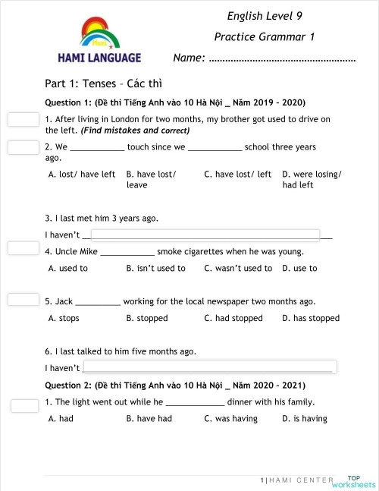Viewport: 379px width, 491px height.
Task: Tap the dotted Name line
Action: [x=281, y=58]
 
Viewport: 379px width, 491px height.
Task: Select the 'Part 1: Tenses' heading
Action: [x=104, y=83]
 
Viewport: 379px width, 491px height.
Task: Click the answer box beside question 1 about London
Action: [x=23, y=120]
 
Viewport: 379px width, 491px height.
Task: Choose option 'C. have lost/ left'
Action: [x=237, y=175]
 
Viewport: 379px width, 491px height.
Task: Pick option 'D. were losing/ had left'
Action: [x=312, y=179]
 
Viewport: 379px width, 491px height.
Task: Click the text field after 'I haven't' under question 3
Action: [x=205, y=234]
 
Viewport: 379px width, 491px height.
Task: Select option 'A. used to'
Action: [x=68, y=268]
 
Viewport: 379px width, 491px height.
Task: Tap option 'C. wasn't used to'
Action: [x=238, y=268]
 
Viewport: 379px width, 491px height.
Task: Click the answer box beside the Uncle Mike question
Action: [x=23, y=248]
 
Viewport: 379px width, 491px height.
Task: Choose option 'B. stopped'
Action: [x=147, y=318]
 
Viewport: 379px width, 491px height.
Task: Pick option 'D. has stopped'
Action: [x=311, y=318]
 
